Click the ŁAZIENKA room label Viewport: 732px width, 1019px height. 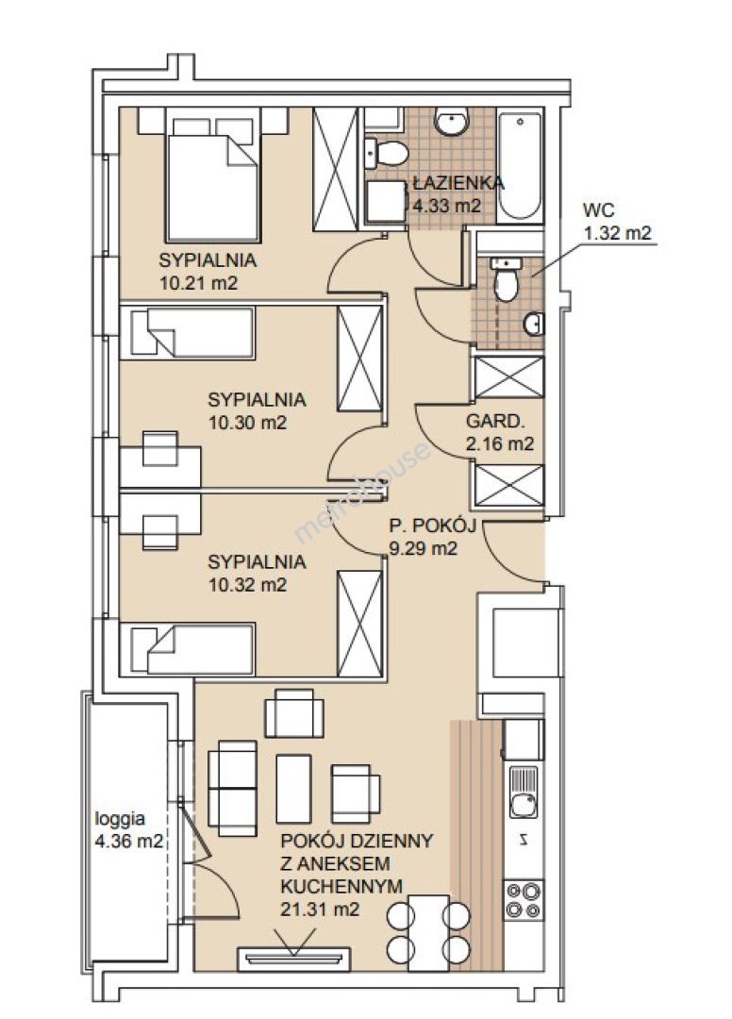(458, 183)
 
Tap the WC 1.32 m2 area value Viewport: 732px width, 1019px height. (617, 233)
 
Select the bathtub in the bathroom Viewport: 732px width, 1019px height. (520, 166)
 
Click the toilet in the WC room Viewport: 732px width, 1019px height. (506, 280)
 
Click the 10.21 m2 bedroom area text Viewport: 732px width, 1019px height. (198, 283)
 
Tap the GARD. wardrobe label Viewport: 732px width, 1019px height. (495, 421)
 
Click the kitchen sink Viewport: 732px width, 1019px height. (524, 793)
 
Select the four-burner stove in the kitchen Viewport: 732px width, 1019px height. (524, 900)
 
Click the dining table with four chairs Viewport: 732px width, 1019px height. (428, 932)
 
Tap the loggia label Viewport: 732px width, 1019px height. (120, 819)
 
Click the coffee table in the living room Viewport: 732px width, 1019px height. (293, 788)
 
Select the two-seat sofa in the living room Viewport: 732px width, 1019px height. (232, 788)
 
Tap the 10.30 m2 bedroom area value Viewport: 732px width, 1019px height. (247, 423)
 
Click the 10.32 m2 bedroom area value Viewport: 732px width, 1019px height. (247, 585)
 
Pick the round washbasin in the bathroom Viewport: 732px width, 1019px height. (451, 122)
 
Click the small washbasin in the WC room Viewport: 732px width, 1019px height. (533, 324)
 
